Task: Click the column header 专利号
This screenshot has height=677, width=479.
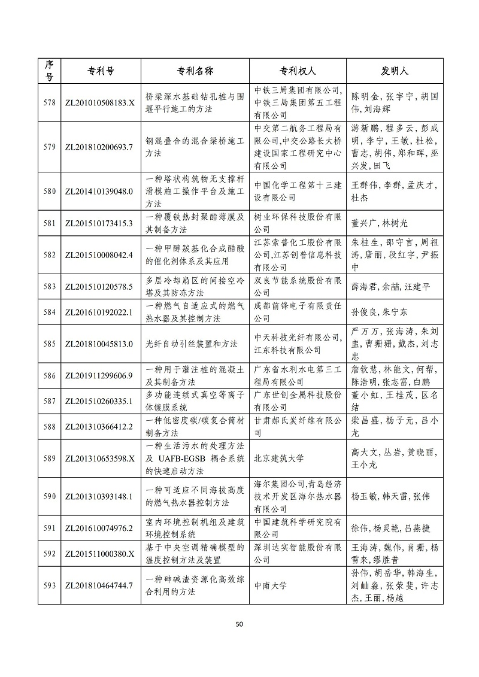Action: (98, 71)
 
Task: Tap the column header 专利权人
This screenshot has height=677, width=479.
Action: (297, 71)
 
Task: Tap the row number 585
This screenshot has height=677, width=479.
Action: (49, 344)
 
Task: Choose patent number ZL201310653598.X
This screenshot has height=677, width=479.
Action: (98, 459)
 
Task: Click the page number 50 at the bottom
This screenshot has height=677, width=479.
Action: (239, 624)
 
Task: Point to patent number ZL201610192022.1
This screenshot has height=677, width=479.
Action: (98, 312)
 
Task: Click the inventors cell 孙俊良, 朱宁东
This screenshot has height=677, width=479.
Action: (379, 312)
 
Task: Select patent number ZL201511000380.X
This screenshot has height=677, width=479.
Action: (98, 554)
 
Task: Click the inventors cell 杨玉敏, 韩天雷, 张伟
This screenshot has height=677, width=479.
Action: (390, 496)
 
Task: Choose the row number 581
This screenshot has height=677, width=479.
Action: (49, 223)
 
